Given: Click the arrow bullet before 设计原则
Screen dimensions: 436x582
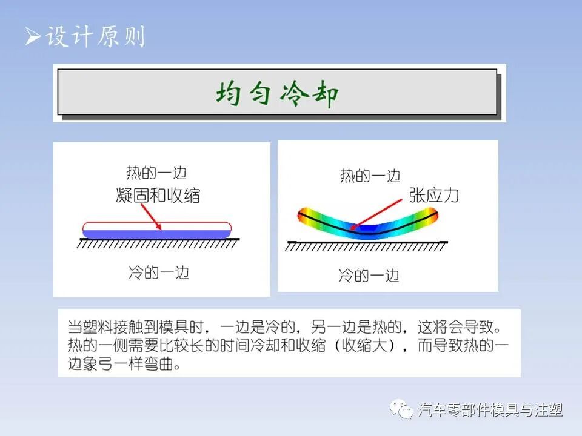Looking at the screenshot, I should point(32,38).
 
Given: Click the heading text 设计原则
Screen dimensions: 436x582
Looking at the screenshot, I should point(95,38).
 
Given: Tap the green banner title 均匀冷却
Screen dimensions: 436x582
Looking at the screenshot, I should point(277,94).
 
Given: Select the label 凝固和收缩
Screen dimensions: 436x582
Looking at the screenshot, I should point(158,196).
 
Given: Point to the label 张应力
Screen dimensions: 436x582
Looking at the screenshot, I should point(434,195).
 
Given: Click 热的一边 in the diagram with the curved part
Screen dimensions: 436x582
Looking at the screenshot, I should point(370,176).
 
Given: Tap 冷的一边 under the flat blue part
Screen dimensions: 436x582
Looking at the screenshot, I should point(159,272).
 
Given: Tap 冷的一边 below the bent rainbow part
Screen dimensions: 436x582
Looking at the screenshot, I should point(369,276).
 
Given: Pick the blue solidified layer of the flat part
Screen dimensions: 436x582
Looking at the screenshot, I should point(156,234).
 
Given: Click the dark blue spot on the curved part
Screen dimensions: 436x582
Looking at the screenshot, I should point(363,228).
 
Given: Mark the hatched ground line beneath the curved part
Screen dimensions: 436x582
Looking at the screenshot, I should point(366,246).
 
